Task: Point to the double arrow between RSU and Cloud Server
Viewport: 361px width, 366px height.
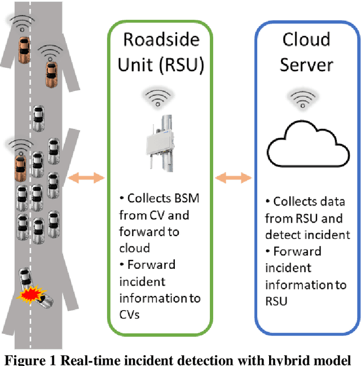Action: click(234, 178)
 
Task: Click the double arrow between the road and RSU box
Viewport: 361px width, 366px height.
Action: click(86, 178)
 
